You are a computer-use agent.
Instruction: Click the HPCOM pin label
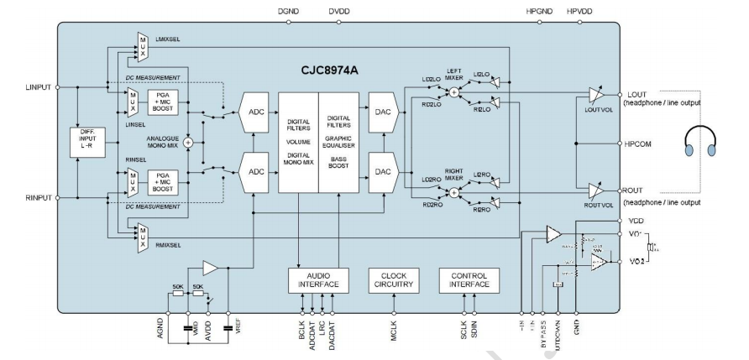click(x=640, y=143)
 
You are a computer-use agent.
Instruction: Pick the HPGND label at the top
click(x=537, y=13)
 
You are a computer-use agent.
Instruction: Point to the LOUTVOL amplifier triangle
click(x=595, y=94)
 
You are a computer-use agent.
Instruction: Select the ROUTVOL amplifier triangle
click(x=595, y=190)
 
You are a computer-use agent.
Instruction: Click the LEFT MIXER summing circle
click(x=454, y=93)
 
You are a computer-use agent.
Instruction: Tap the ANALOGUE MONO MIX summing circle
click(x=188, y=142)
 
